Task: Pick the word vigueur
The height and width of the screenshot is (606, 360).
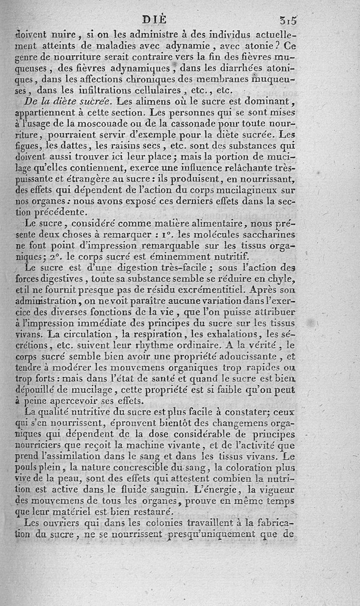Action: click(x=275, y=488)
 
